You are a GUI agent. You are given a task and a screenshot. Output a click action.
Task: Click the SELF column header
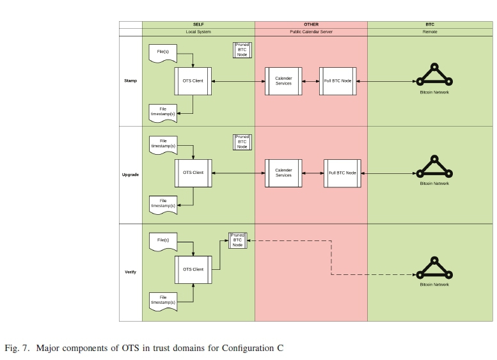[198, 24]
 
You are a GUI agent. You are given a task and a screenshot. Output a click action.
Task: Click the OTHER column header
[311, 24]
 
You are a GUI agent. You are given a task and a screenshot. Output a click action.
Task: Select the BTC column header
[430, 24]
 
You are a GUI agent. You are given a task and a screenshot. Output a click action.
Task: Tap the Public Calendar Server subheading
[311, 31]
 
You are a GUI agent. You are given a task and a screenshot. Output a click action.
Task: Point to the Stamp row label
[130, 81]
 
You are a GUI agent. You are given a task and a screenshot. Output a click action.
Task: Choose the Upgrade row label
[130, 175]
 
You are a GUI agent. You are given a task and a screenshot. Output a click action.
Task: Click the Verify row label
[130, 272]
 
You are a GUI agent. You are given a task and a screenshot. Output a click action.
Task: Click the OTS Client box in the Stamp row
[193, 81]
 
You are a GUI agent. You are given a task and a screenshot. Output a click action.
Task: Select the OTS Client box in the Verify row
[193, 269]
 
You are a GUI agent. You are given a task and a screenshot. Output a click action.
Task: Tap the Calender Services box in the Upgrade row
[283, 173]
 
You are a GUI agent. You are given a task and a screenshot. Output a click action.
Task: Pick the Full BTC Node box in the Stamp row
[338, 81]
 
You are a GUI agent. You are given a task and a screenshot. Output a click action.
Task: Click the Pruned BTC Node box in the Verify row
[237, 240]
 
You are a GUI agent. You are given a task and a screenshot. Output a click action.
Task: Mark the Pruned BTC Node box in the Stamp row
[242, 51]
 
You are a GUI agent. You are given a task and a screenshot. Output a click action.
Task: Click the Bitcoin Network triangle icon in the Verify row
[434, 268]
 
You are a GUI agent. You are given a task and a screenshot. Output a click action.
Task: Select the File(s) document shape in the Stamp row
[162, 52]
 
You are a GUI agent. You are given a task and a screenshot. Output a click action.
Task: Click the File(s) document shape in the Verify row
[162, 241]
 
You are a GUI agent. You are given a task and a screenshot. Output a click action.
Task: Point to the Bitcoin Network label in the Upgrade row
[434, 184]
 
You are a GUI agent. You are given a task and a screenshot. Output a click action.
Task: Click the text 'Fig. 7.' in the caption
[17, 348]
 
